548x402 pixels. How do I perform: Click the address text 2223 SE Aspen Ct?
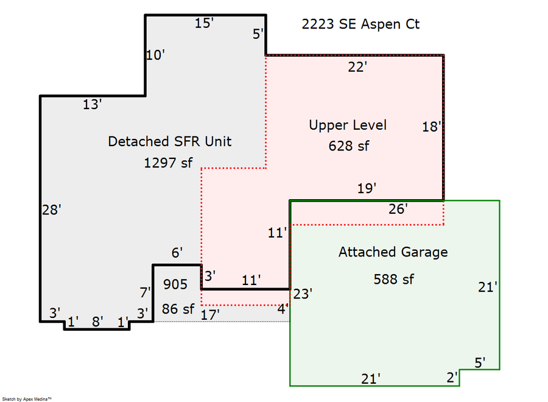(360, 24)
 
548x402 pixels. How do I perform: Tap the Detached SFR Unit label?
(169, 141)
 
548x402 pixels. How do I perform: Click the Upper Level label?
(348, 125)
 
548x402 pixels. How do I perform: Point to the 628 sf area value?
(349, 146)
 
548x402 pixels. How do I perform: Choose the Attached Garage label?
(393, 252)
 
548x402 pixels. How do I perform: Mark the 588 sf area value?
(393, 279)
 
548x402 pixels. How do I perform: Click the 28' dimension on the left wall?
(52, 210)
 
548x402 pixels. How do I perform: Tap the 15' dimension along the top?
(204, 24)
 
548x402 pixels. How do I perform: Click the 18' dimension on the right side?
(431, 127)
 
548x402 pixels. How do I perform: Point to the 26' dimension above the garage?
(398, 210)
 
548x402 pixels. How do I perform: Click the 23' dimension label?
(303, 294)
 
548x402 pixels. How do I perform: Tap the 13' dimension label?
(92, 105)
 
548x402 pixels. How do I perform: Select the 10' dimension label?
(155, 55)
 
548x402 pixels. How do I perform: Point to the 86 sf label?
(177, 309)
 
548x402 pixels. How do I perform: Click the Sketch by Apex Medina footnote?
(27, 398)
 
